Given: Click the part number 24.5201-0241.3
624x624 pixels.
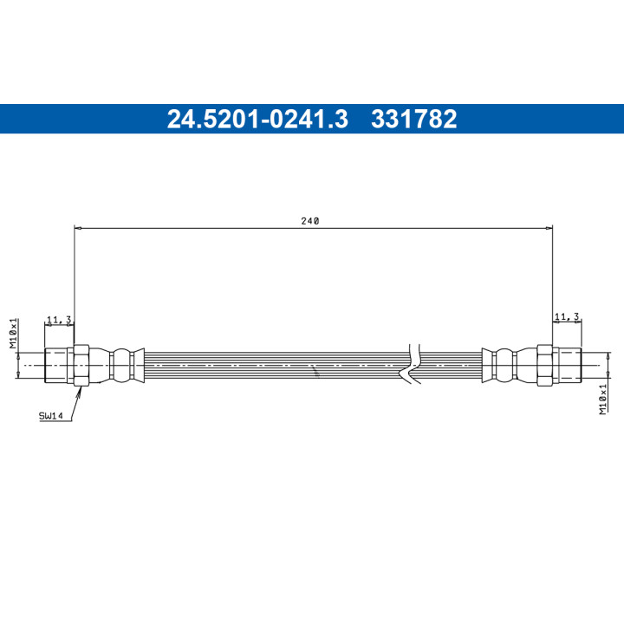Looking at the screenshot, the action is tap(257, 119).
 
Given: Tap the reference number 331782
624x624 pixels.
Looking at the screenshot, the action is tap(414, 119).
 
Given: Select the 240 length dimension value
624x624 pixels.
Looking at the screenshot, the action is tap(310, 221).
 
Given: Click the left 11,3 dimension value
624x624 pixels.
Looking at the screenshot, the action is tap(59, 320).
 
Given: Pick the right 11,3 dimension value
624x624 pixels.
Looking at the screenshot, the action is tap(567, 317).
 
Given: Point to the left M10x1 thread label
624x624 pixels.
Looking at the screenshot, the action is tap(14, 333).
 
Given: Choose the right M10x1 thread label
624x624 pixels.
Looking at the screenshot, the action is tap(604, 400).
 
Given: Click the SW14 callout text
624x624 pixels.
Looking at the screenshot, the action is tap(50, 416).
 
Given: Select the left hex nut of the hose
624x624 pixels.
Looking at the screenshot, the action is tap(81, 365).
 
